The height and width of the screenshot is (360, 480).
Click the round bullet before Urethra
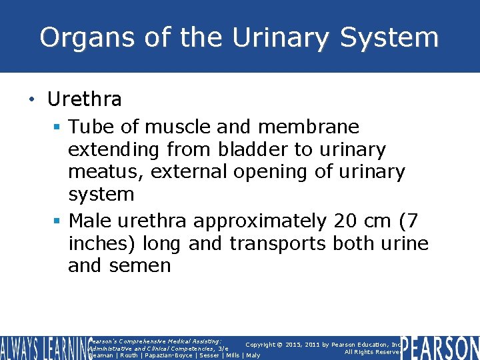tap(31, 100)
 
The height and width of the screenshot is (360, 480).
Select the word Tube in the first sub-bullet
tap(92, 127)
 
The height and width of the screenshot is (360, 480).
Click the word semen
tap(141, 265)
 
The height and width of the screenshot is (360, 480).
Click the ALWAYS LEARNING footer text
tap(43, 348)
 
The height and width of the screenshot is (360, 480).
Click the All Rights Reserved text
tap(371, 352)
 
